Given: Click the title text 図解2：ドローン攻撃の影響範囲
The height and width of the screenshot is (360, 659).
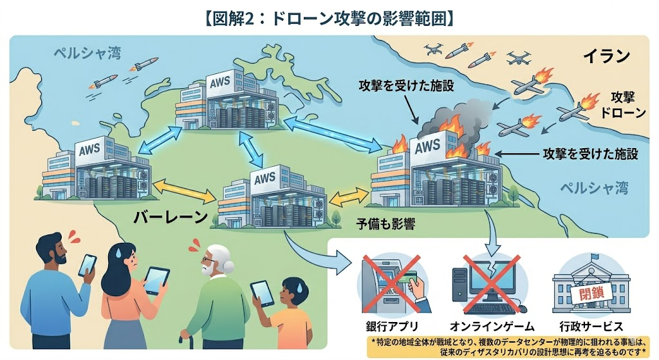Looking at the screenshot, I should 329,17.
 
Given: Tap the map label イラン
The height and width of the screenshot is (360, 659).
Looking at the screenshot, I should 606,56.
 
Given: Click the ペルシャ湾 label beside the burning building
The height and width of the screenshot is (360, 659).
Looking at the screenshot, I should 591,189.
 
